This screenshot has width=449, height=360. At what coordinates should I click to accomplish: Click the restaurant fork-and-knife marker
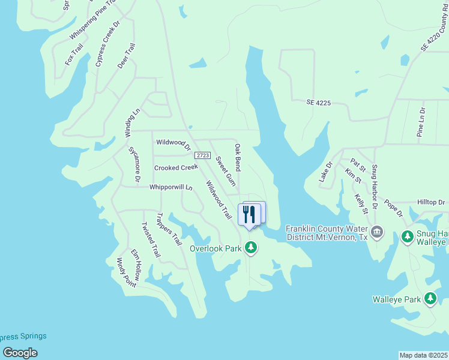(249, 214)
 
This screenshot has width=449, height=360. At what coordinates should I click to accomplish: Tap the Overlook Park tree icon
(251, 247)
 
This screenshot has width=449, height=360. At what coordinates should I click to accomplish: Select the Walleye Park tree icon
(430, 298)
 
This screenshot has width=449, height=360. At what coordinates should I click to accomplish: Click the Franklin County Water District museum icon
(377, 232)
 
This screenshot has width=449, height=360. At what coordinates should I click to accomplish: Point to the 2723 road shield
(203, 155)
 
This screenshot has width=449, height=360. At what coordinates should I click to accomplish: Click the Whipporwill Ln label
(170, 187)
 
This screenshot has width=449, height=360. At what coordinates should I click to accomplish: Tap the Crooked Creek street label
(176, 168)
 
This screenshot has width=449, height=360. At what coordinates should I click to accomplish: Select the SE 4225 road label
(318, 103)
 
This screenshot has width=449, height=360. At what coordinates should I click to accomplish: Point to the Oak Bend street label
(238, 157)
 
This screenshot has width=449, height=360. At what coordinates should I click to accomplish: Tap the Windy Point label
(126, 272)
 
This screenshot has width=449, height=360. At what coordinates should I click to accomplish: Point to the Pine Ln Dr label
(421, 123)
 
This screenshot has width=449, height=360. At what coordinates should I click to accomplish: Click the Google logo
(20, 352)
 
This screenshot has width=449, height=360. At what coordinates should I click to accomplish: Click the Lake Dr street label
(325, 172)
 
